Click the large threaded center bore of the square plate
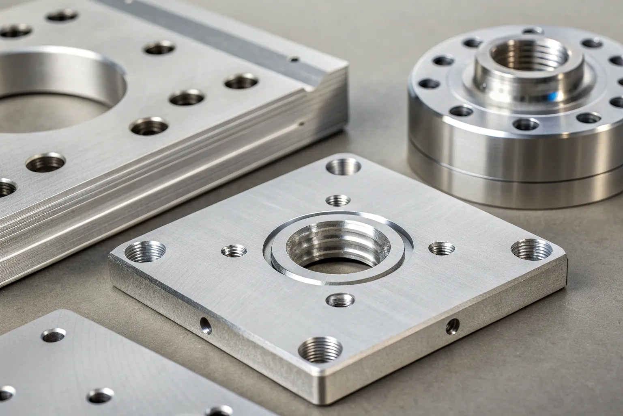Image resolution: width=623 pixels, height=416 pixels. click(x=337, y=248)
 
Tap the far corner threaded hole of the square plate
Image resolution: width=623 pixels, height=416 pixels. click(x=343, y=167)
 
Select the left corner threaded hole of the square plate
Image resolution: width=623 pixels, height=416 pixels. click(x=145, y=251)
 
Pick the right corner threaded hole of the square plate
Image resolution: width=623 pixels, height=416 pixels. click(x=531, y=248)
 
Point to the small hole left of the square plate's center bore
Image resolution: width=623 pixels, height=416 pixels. click(x=233, y=251)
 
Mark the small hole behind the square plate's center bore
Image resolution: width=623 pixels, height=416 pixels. click(x=338, y=200)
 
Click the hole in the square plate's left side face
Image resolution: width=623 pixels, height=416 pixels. click(x=205, y=325)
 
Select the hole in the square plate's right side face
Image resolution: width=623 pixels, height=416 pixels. click(x=452, y=325)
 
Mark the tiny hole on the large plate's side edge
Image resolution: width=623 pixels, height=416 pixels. click(x=301, y=122)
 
